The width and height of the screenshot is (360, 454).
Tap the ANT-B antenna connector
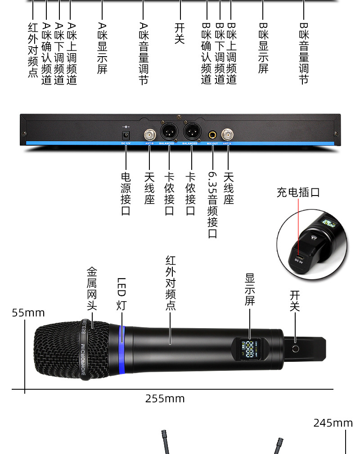pyautogui.click(x=149, y=134)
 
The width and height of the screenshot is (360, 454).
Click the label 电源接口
pyautogui.click(x=126, y=193)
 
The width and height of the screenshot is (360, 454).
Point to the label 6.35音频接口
pyautogui.click(x=212, y=205)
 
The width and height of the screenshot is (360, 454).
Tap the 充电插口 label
pyautogui.click(x=298, y=192)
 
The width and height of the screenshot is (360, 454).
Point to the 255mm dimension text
pyautogui.click(x=165, y=399)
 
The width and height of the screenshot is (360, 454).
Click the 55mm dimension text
pyautogui.click(x=28, y=312)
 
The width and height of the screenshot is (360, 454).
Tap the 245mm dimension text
pyautogui.click(x=333, y=423)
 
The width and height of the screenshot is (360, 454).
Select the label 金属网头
pyautogui.click(x=92, y=288)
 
